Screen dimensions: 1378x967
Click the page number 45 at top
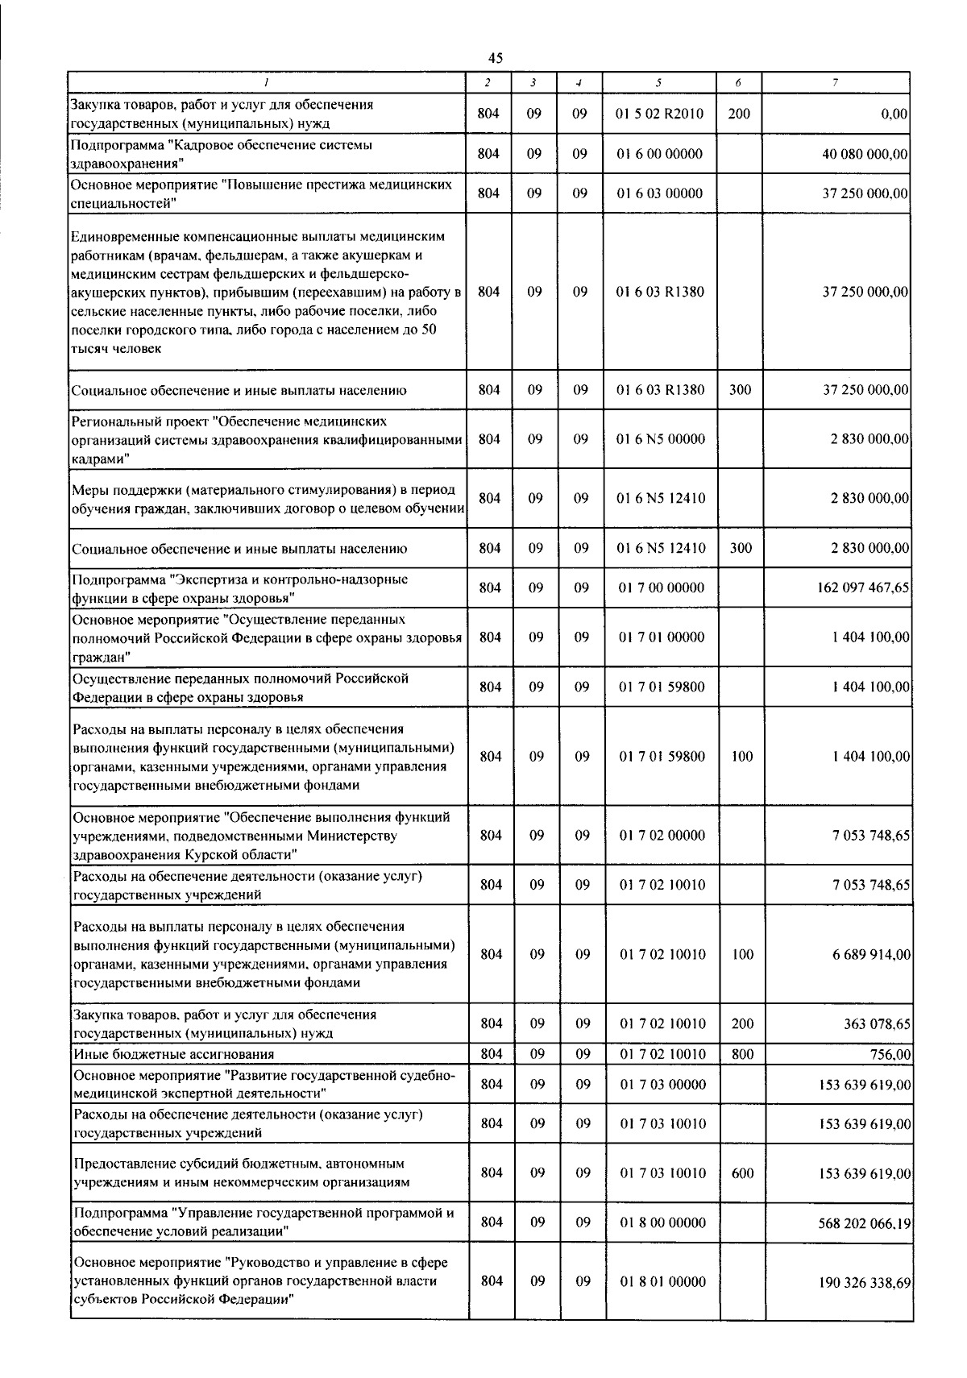[x=495, y=57]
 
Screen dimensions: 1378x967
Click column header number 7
[x=836, y=82]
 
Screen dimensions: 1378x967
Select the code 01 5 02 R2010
[x=659, y=114]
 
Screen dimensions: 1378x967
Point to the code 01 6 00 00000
[x=659, y=154]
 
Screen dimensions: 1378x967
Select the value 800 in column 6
[x=741, y=1054]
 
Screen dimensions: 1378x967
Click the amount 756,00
[x=895, y=1054]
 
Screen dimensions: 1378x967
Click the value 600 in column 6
[x=742, y=1173]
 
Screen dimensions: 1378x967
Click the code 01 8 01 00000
[x=662, y=1281]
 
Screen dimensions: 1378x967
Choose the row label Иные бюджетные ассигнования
[x=173, y=1054]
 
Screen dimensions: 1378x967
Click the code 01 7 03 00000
[x=662, y=1084]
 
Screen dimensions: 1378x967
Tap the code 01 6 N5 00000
[x=660, y=439]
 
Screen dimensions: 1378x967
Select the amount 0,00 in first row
[x=894, y=114]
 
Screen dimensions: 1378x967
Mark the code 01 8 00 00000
[x=662, y=1222]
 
